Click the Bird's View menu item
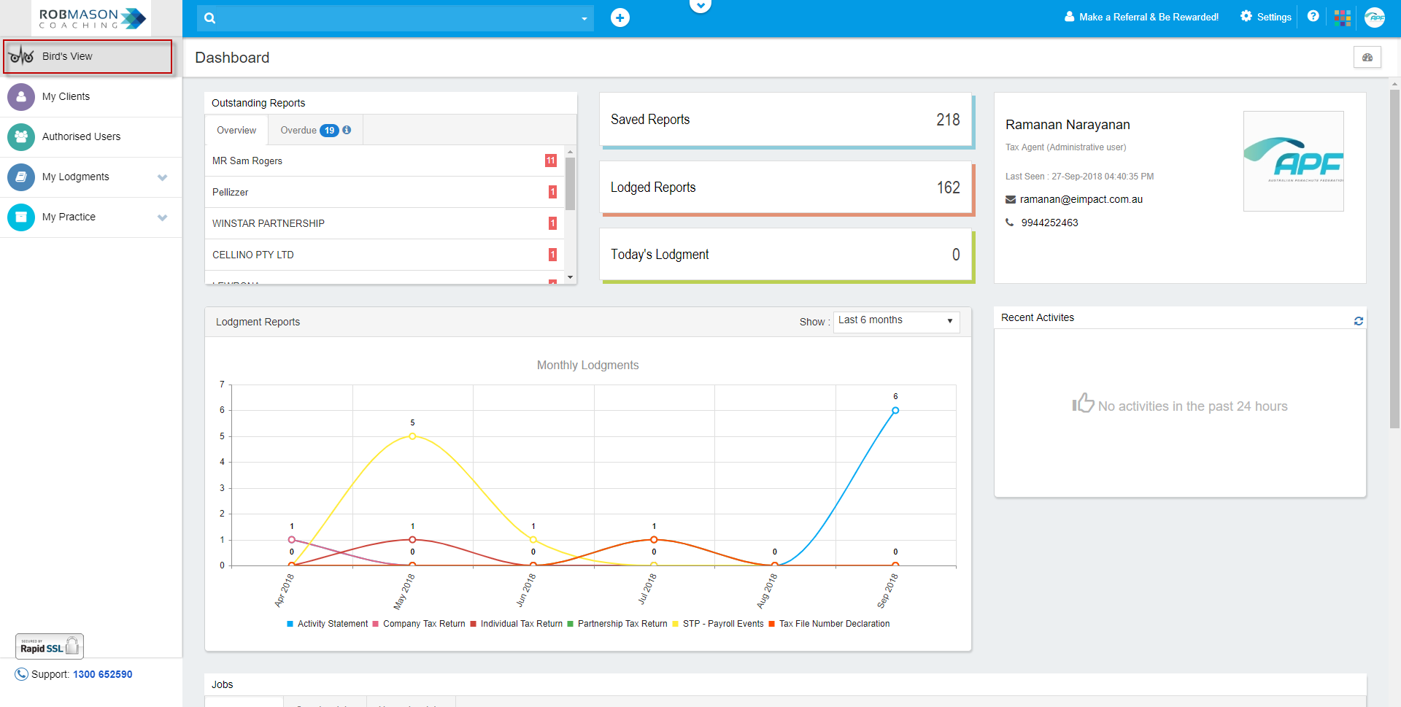67,56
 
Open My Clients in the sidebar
66,96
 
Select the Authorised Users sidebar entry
81,136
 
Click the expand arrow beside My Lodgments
162,177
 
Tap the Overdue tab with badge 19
314,130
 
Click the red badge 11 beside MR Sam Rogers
550,161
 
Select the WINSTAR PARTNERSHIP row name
269,223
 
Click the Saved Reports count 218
947,120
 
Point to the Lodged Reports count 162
948,188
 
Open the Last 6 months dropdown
896,321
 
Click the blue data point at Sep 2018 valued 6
895,411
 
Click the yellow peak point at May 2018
412,436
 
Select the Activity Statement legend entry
332,624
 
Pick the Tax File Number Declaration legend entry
834,624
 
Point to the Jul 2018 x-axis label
648,589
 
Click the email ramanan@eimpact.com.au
1081,199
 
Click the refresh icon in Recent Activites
1358,321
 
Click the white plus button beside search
620,18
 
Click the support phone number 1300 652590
102,674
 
